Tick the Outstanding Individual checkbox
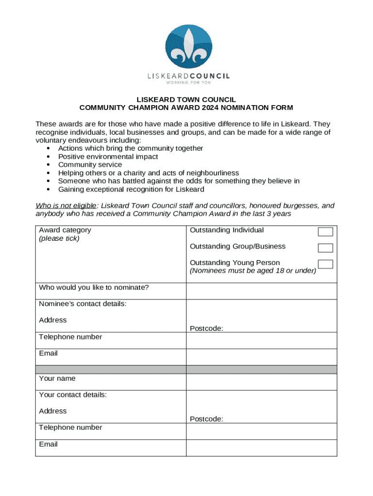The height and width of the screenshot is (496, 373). click(x=325, y=232)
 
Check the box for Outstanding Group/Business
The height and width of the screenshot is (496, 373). click(x=325, y=248)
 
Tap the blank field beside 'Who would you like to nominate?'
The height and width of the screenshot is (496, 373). click(x=261, y=291)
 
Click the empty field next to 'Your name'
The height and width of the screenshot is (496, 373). click(x=261, y=382)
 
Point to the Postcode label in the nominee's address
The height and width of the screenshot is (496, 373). click(x=206, y=328)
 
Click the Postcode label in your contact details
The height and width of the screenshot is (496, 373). click(x=206, y=419)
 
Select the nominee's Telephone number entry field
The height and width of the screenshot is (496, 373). click(x=261, y=341)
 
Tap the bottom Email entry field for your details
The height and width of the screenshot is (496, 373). click(x=261, y=448)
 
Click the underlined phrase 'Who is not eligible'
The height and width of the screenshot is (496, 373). click(x=65, y=206)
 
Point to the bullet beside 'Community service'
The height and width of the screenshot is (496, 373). click(x=48, y=165)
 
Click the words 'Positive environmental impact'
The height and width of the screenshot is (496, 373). click(x=108, y=156)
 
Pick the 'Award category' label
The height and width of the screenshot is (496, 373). click(x=65, y=230)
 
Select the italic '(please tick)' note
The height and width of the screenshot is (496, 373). click(x=59, y=238)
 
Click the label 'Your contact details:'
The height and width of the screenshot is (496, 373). click(x=73, y=395)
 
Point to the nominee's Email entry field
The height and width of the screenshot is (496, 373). click(x=261, y=357)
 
